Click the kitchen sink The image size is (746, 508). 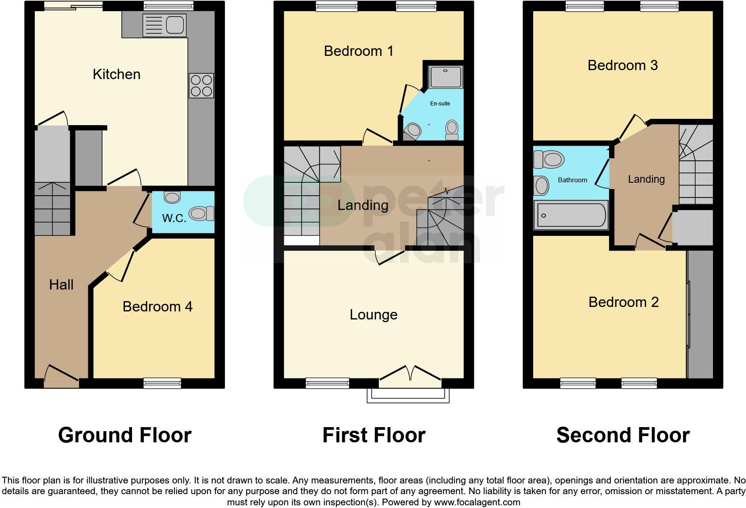click(164, 25)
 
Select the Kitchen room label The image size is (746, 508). click(116, 74)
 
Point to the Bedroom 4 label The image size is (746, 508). click(157, 306)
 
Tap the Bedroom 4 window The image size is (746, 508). click(162, 383)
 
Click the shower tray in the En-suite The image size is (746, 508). click(445, 77)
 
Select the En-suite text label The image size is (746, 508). click(440, 104)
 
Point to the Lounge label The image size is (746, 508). click(373, 315)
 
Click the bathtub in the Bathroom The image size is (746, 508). click(571, 215)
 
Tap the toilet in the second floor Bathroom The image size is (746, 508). click(549, 160)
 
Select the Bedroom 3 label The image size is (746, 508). click(622, 66)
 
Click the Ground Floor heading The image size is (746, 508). click(124, 435)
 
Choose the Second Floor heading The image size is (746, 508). click(623, 435)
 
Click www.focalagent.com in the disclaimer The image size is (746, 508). click(477, 502)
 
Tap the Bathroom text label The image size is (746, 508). click(572, 180)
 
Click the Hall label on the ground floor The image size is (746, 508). click(61, 285)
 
